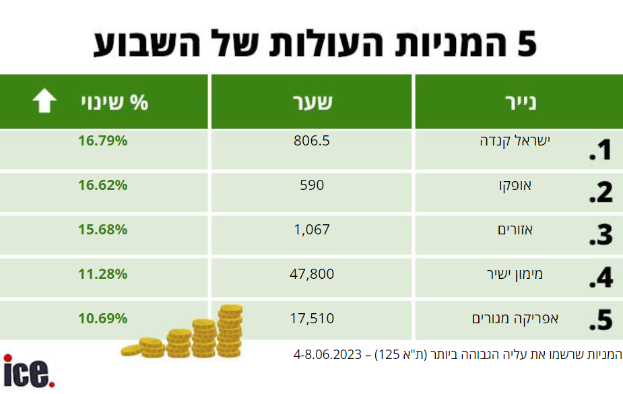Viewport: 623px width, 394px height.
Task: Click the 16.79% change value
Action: pos(102,141)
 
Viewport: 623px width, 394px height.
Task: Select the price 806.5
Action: pos(311,141)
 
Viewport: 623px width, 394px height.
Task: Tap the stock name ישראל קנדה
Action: pos(515,141)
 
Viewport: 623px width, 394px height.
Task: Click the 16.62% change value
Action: pos(102,185)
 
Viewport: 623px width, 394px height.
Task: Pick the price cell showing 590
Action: pos(312,185)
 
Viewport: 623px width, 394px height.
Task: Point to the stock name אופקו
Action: pos(515,185)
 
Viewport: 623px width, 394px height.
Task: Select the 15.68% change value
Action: pos(102,230)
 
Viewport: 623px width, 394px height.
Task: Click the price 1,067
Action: pos(312,230)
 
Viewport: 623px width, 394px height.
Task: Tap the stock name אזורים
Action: pos(515,230)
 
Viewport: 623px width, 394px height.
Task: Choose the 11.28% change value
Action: pos(102,274)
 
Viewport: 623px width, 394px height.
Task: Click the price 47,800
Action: pos(312,274)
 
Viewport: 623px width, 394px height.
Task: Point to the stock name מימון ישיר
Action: pos(515,274)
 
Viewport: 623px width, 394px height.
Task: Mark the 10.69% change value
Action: pos(102,319)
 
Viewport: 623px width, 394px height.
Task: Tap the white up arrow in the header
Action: pos(44,100)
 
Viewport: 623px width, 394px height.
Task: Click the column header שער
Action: pos(313,102)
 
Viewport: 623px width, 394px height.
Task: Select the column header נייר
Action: pos(521,102)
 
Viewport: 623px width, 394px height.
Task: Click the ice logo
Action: pos(28,371)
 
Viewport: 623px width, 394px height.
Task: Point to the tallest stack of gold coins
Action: pos(230,331)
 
